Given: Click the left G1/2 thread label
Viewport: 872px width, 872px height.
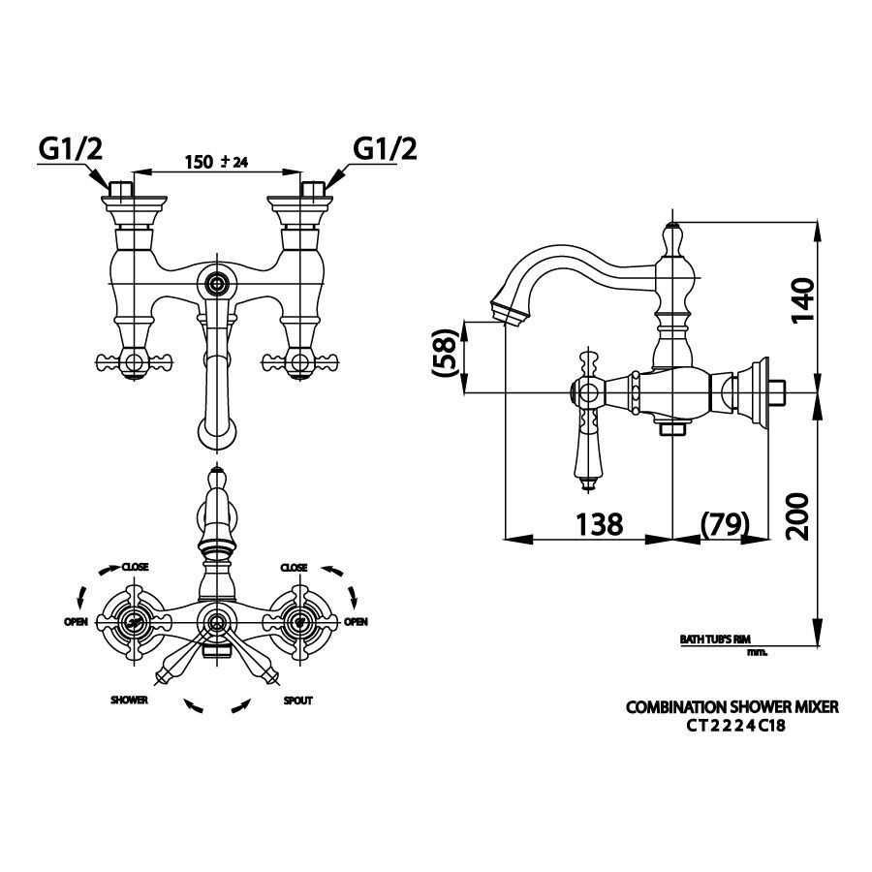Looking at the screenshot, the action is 71,148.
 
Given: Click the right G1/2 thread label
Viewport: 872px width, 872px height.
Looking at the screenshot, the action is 385,148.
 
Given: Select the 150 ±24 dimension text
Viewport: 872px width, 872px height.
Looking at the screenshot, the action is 216,162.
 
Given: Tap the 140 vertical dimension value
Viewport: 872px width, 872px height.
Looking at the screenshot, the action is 801,300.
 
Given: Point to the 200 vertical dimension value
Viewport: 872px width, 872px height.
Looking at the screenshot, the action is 798,516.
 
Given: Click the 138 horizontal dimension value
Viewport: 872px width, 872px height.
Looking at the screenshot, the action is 599,524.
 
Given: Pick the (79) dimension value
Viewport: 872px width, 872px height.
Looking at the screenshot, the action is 725,523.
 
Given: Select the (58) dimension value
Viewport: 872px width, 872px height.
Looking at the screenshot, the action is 445,354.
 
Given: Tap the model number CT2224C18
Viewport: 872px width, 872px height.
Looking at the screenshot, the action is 735,725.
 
